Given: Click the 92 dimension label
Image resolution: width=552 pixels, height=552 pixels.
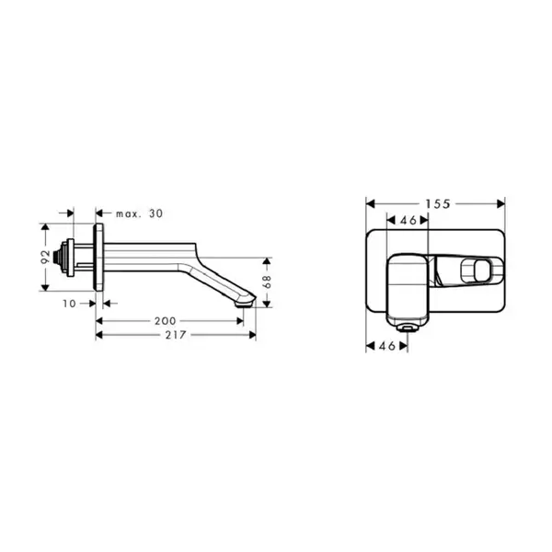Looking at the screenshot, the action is click(x=46, y=257).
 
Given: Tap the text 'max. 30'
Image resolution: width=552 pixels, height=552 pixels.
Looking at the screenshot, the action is click(x=140, y=213).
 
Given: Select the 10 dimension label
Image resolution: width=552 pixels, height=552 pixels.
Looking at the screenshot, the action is click(x=69, y=304).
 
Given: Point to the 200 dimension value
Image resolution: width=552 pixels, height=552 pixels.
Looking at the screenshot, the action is click(x=165, y=321).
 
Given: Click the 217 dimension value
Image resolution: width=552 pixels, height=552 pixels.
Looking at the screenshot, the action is click(x=176, y=335).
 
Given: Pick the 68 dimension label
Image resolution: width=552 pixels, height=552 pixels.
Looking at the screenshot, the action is click(x=268, y=282).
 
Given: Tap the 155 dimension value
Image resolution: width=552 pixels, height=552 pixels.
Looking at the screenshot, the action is click(x=438, y=204).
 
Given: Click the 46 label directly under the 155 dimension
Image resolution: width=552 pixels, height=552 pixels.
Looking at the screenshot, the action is click(x=408, y=221).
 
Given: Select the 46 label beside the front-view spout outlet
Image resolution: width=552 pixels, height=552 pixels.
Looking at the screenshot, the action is click(x=387, y=346).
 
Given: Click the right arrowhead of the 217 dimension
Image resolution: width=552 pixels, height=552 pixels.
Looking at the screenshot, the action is click(x=252, y=335).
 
